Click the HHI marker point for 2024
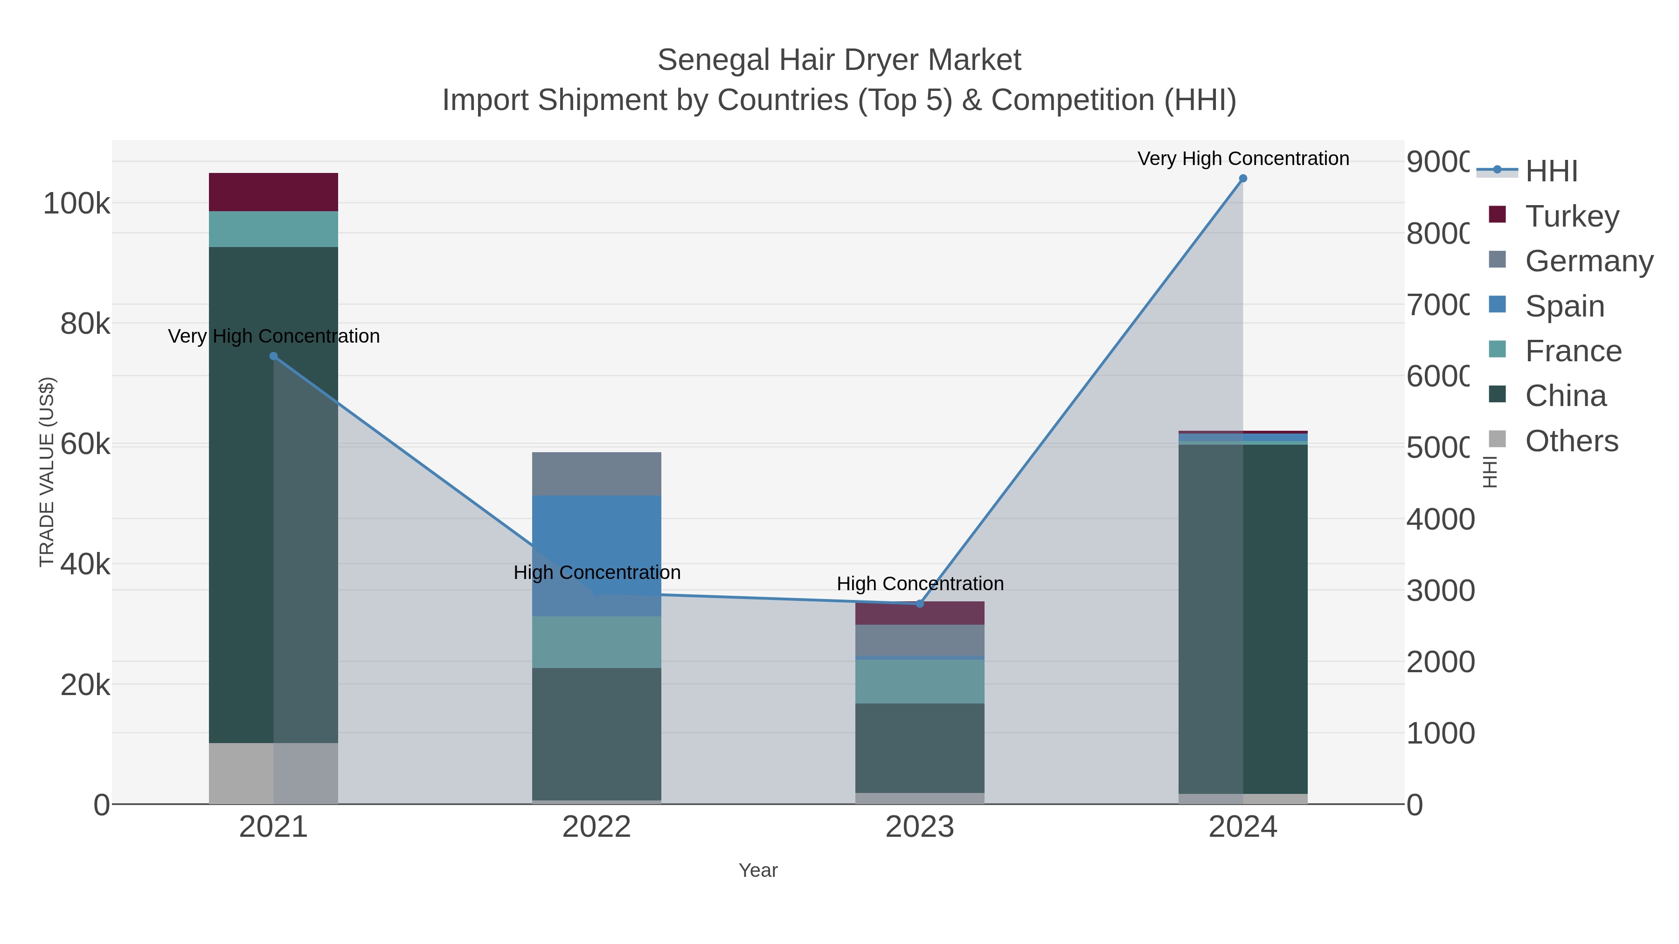point(1242,179)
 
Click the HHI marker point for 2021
point(274,356)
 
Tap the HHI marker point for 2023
point(920,604)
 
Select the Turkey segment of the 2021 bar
point(273,192)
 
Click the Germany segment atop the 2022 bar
point(597,474)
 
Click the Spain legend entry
point(1564,306)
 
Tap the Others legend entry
point(1571,441)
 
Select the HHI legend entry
point(1551,172)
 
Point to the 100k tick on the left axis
point(76,204)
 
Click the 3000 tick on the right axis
point(1440,591)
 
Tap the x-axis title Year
point(757,870)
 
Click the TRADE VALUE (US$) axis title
point(47,472)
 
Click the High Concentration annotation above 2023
point(920,584)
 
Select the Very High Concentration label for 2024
point(1242,159)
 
